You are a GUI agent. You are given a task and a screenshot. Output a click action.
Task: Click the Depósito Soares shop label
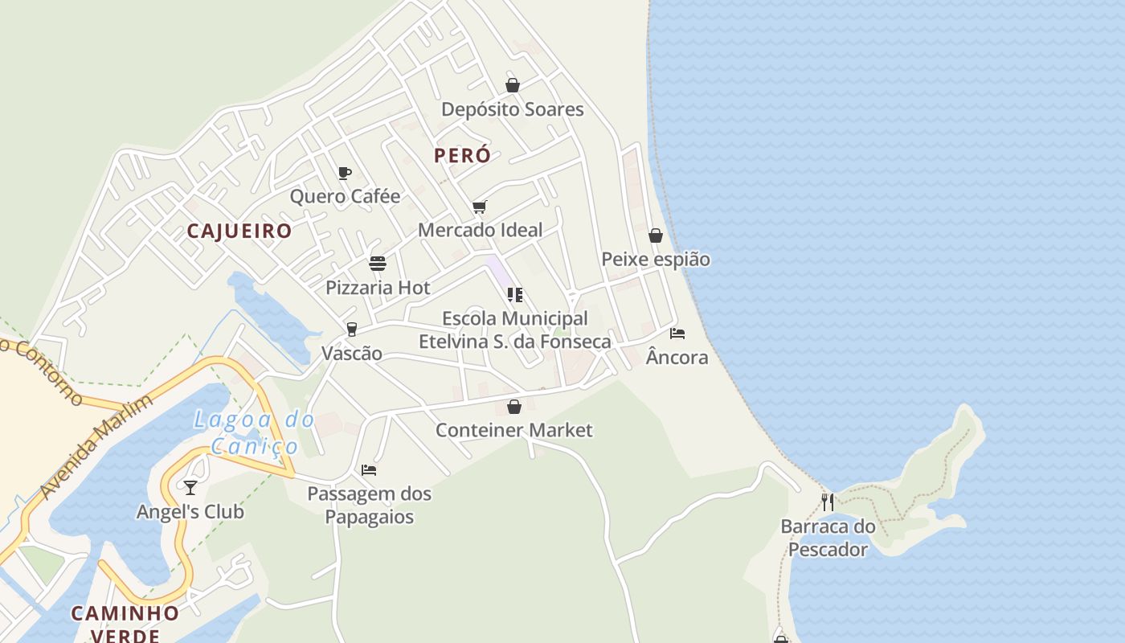point(513,109)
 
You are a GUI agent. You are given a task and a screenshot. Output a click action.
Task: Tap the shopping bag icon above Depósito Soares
point(513,85)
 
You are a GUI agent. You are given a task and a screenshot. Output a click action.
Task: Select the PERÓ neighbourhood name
point(462,156)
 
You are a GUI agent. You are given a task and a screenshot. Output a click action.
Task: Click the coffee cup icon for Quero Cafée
point(345,173)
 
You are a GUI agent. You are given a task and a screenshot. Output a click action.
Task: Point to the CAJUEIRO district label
point(239,231)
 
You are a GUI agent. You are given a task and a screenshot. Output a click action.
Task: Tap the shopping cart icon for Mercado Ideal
point(480,207)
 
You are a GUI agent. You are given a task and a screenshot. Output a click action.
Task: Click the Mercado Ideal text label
point(481,230)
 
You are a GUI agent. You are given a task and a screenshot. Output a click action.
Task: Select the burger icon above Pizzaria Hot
point(378,264)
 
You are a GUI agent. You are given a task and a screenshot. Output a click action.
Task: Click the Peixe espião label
point(656,260)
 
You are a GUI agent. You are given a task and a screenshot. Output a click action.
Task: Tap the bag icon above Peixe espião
point(656,235)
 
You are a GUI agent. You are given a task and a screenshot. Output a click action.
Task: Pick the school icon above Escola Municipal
point(515,295)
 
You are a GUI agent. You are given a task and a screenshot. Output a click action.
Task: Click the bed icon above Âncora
point(677,333)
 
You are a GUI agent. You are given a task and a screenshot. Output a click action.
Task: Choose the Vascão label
point(352,354)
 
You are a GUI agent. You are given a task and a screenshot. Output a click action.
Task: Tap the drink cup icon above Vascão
point(351,330)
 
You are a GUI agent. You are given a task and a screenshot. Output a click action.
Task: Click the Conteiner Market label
point(514,430)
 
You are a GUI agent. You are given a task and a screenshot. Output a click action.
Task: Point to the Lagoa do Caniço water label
point(255,432)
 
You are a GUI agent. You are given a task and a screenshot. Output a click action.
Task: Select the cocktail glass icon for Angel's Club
point(190,487)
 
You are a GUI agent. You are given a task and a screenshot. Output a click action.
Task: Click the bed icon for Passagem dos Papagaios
point(369,469)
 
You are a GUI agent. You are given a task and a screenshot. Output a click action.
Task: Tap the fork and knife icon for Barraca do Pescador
point(828,502)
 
